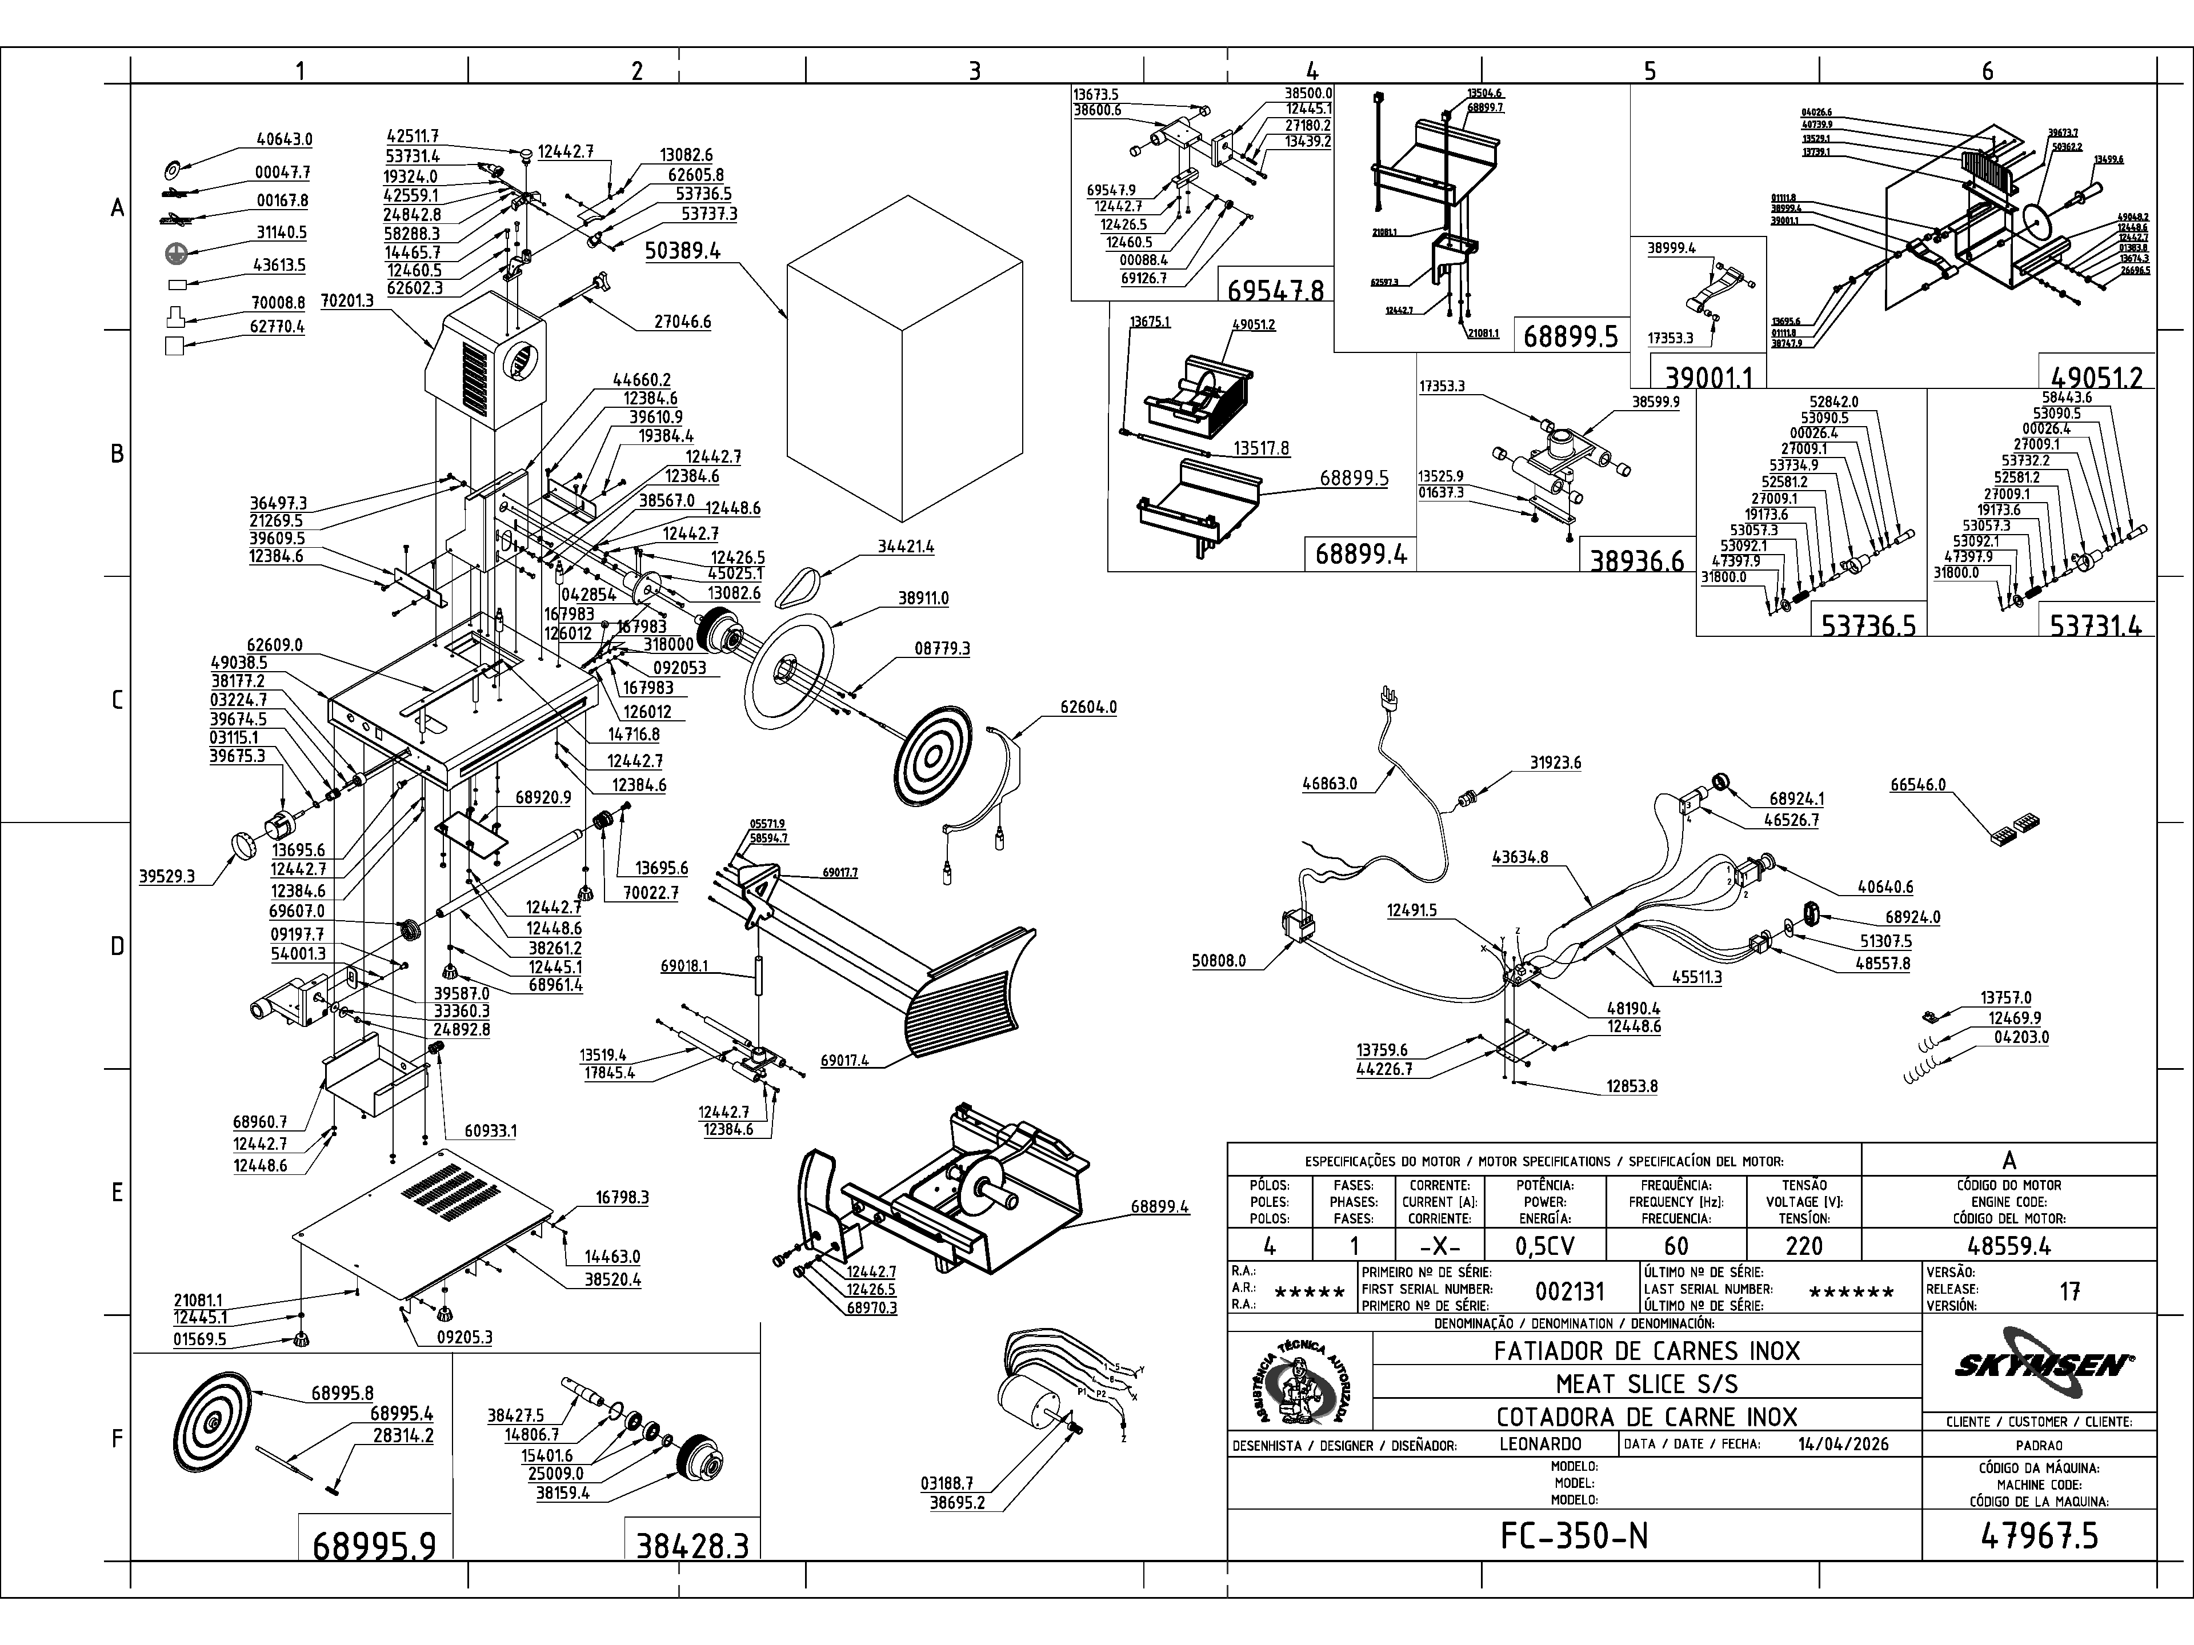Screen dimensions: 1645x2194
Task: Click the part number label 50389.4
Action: pos(682,250)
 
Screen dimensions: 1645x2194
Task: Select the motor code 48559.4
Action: pos(2008,1245)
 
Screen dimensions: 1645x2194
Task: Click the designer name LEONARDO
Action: pos(1540,1445)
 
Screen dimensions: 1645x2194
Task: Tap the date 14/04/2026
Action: pos(1843,1445)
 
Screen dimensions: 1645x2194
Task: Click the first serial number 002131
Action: pos(1569,1291)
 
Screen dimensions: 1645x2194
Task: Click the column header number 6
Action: pos(1987,70)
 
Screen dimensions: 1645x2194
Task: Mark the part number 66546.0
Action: pos(1917,784)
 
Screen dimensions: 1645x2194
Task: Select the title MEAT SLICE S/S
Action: pos(1647,1383)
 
